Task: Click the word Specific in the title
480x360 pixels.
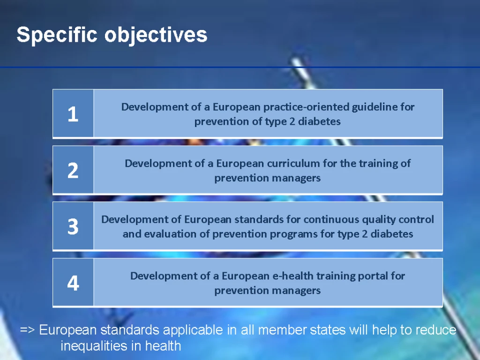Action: tap(57, 35)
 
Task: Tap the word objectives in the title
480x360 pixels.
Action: tap(156, 35)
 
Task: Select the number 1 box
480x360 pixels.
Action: tap(73, 113)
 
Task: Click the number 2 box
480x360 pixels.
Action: tap(73, 170)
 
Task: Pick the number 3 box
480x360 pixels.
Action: tap(73, 226)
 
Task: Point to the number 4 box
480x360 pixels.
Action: tap(73, 282)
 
